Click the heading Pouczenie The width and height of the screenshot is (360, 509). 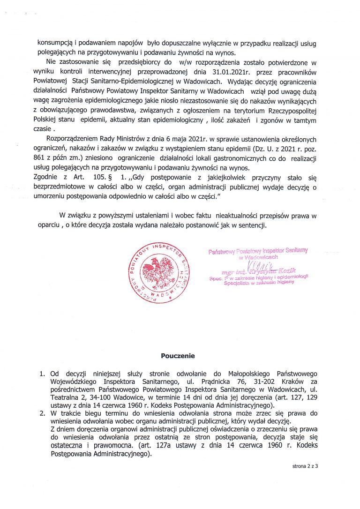point(178,356)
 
